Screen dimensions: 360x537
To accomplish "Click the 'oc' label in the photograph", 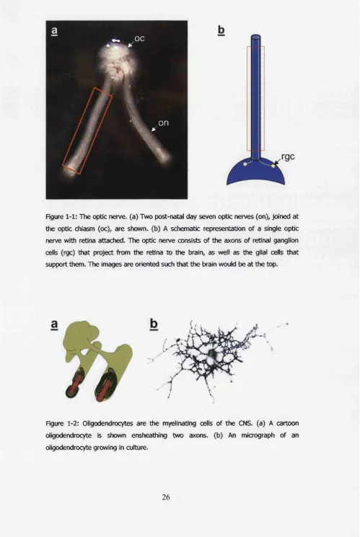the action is (x=139, y=39).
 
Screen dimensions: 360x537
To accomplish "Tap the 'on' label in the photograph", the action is (x=164, y=123).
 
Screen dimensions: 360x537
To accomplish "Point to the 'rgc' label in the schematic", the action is (x=288, y=157).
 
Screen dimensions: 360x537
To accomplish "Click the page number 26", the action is (x=166, y=497).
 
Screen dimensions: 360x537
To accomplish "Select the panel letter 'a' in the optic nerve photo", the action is (x=54, y=31).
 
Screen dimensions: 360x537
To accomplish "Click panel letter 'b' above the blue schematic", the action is (x=221, y=31).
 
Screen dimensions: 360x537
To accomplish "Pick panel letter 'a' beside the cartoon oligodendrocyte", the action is (x=54, y=324).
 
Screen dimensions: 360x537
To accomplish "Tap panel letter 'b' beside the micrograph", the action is (x=154, y=324).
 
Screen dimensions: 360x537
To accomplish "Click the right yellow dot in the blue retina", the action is (x=273, y=166).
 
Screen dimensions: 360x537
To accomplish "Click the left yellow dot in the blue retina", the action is (x=245, y=164).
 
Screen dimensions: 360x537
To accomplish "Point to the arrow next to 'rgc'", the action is (x=278, y=162).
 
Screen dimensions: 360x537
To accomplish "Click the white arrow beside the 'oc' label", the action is (x=131, y=43).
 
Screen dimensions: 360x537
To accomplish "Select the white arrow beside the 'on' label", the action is (x=154, y=128).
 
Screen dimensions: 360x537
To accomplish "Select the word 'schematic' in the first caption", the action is (x=184, y=228).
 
